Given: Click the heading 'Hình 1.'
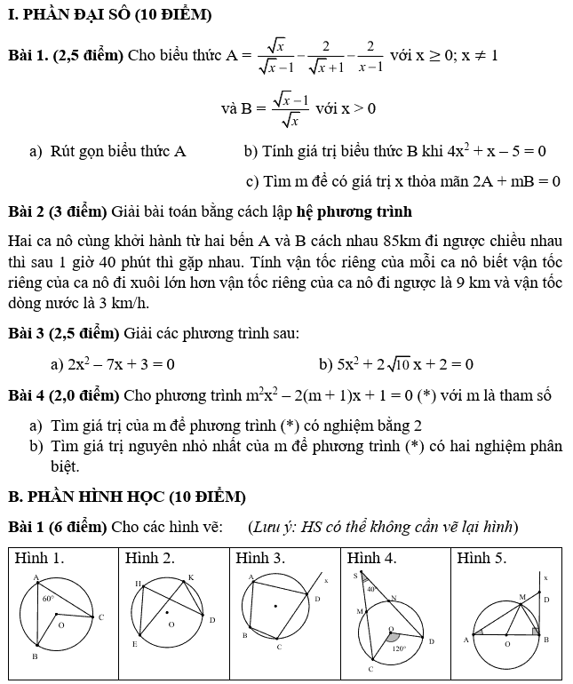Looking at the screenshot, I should pyautogui.click(x=40, y=559).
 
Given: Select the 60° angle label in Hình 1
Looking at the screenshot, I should pyautogui.click(x=48, y=600).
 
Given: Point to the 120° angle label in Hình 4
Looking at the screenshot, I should pyautogui.click(x=401, y=648).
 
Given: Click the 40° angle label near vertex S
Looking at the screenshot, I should pyautogui.click(x=372, y=589).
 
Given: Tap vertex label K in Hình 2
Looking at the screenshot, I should pyautogui.click(x=190, y=578).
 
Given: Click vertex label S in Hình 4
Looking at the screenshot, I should pyautogui.click(x=356, y=576).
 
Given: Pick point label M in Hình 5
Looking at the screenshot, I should pyautogui.click(x=522, y=596).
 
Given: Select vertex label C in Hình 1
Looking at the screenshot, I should pyautogui.click(x=101, y=616).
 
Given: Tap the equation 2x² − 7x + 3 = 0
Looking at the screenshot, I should pyautogui.click(x=120, y=364).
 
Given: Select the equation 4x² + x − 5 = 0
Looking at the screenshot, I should pyautogui.click(x=484, y=151).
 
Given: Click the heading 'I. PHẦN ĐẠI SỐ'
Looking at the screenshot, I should pyautogui.click(x=109, y=15).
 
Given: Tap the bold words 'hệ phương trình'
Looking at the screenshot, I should pyautogui.click(x=355, y=211).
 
